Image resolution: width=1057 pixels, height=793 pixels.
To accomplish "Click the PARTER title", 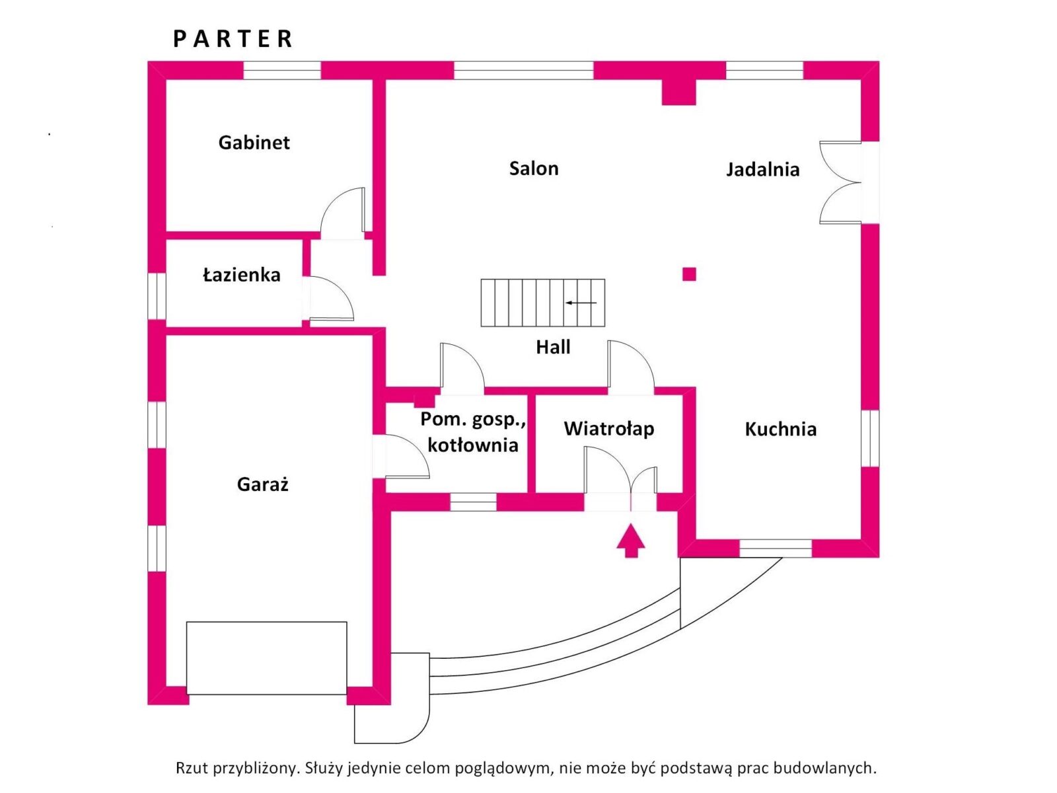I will click(233, 39).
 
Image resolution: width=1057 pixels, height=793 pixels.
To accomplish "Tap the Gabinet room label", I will click(254, 143).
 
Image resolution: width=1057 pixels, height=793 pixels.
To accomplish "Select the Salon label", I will click(534, 169).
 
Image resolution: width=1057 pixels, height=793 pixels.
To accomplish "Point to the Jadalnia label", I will click(762, 170).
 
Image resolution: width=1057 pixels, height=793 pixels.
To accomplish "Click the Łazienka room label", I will click(241, 275).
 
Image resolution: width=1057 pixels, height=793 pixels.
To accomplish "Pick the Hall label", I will click(553, 347).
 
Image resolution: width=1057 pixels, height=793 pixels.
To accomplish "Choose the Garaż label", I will click(262, 484).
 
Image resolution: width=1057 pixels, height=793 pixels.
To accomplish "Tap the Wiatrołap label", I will click(608, 429).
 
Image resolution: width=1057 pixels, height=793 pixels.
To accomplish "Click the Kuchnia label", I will click(780, 430).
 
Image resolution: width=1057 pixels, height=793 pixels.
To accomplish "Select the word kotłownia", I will click(472, 445).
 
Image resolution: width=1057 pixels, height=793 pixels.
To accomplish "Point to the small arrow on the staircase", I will click(581, 303).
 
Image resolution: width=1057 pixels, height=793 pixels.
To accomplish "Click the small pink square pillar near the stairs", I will click(689, 274).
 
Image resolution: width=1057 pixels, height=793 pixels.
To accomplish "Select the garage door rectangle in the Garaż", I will click(266, 658).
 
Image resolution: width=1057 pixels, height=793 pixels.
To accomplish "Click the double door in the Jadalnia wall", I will click(840, 182).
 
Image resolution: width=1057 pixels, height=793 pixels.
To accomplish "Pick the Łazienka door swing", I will click(330, 298).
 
